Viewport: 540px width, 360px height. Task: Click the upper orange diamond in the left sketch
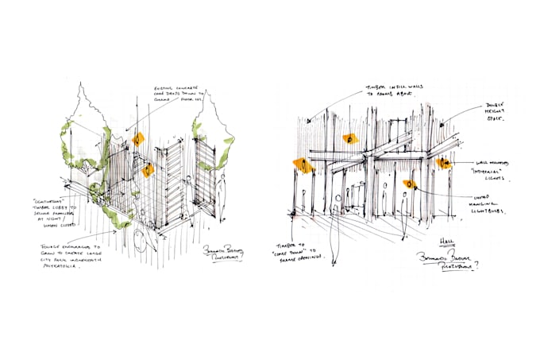138,140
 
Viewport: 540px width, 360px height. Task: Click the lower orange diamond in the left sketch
148,170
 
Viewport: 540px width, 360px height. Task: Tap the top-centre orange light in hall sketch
350,139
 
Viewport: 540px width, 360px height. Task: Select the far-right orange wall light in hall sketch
442,163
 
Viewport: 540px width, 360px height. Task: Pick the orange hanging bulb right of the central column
410,184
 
